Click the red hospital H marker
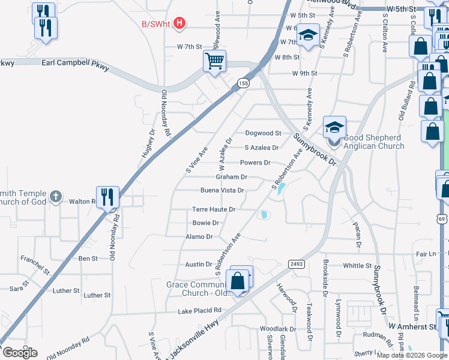(x=178, y=24)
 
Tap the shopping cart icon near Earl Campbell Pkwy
(x=214, y=61)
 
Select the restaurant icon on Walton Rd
(x=107, y=196)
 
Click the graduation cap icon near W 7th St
(x=308, y=36)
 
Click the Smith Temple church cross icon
(x=55, y=196)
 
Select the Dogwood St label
(x=263, y=133)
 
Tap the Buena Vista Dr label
(x=221, y=191)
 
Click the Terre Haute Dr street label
(x=213, y=209)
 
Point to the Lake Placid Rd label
(x=200, y=311)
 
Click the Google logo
(x=20, y=353)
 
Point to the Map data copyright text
(x=412, y=355)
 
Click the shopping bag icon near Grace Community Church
(x=238, y=280)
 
